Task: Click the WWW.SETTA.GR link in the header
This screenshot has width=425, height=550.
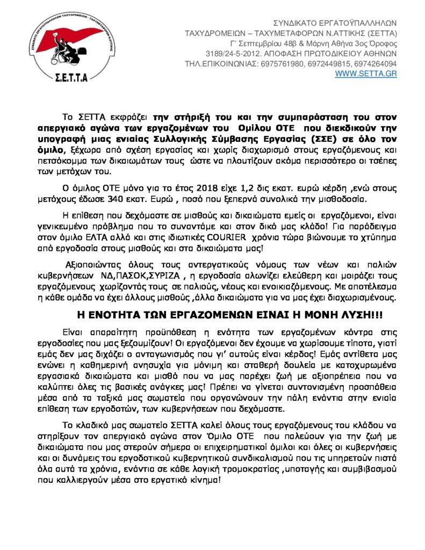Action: pyautogui.click(x=366, y=73)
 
